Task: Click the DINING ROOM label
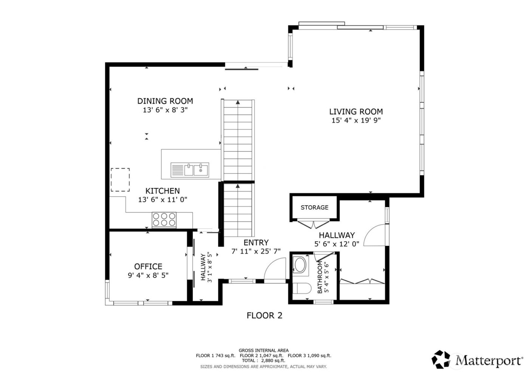(x=165, y=101)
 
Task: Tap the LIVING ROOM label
(x=356, y=112)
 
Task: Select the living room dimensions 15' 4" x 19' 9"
(x=356, y=121)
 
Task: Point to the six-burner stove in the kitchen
(x=164, y=220)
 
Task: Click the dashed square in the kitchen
(x=120, y=180)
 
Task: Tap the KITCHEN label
(x=162, y=191)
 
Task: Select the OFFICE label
(x=148, y=267)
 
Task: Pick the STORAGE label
(x=314, y=208)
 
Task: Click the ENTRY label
(x=256, y=242)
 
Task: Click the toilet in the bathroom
(x=301, y=289)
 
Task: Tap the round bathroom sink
(x=300, y=265)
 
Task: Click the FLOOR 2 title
(x=264, y=315)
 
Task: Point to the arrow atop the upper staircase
(x=238, y=102)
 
